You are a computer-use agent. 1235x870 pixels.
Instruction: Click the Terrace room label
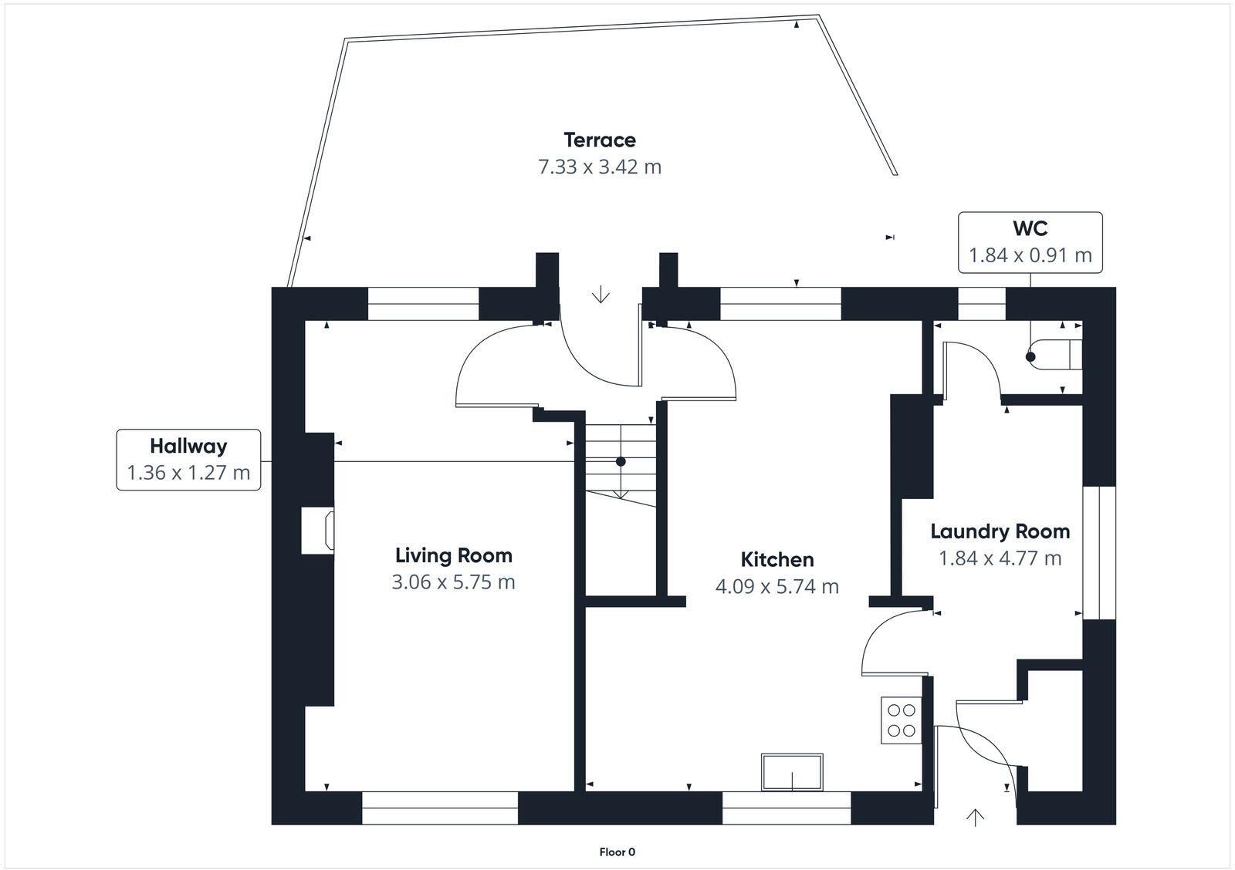(600, 140)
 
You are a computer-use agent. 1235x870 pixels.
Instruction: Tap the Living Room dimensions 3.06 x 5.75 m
(453, 582)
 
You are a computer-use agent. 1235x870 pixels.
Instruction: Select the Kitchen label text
(777, 559)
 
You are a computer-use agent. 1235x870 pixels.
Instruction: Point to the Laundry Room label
(1000, 531)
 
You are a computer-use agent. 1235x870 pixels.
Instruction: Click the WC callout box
(1030, 242)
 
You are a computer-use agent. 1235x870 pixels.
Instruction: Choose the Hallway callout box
(188, 460)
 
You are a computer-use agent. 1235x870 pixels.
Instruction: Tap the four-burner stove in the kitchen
(901, 720)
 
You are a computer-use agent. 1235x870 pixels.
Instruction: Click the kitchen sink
(792, 772)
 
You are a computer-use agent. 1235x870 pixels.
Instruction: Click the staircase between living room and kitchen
(620, 463)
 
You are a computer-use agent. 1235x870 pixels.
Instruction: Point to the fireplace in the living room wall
(317, 530)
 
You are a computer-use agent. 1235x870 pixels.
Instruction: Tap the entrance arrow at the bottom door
(976, 817)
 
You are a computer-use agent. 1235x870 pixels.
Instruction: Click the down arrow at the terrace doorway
(601, 295)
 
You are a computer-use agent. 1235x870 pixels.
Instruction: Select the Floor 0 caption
(617, 852)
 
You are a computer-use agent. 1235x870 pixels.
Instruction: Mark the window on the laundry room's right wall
(1099, 552)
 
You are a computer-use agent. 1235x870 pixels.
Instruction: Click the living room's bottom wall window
(439, 808)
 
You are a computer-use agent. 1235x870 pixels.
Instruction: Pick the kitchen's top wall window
(780, 304)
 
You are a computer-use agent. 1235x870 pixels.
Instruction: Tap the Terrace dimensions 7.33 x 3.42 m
(600, 167)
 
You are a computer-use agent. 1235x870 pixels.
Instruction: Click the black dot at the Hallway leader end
(620, 462)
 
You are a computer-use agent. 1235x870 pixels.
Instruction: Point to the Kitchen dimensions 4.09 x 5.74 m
(777, 587)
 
